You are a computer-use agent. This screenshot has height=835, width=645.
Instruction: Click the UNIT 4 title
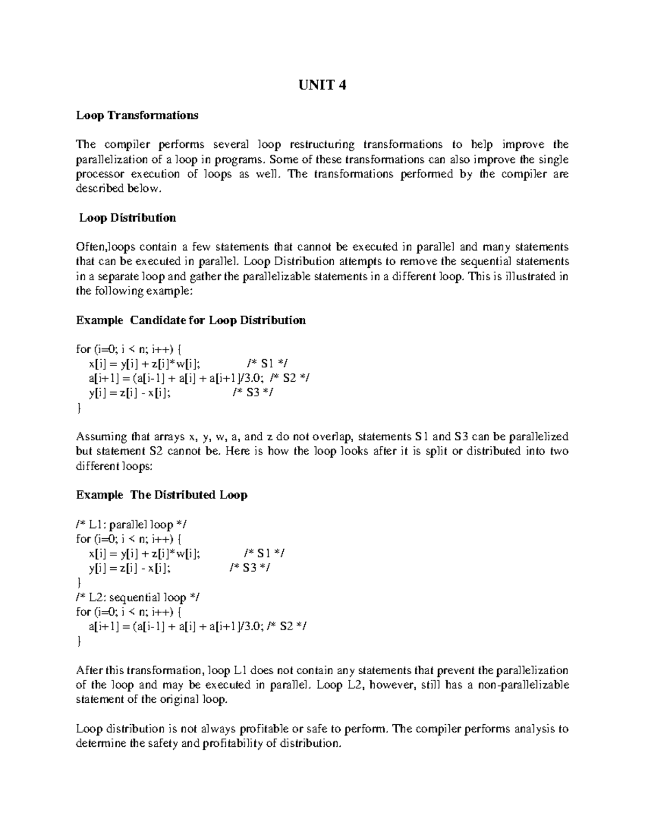[322, 85]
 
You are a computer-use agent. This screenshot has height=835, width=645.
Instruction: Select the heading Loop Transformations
[137, 115]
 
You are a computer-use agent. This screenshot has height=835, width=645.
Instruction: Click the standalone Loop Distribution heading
[127, 218]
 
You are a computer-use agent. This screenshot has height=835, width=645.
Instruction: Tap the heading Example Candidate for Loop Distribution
[191, 320]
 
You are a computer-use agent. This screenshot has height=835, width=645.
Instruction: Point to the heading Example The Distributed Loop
[161, 495]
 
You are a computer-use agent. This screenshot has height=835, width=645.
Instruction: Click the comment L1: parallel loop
[133, 524]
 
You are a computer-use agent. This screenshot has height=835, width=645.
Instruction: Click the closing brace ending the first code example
[79, 408]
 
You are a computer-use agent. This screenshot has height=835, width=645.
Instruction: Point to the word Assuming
[102, 437]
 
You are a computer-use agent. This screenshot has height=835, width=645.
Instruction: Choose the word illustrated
[521, 276]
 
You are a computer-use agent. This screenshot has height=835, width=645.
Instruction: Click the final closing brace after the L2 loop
[79, 641]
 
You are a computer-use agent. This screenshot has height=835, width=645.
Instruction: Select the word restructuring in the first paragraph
[322, 145]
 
